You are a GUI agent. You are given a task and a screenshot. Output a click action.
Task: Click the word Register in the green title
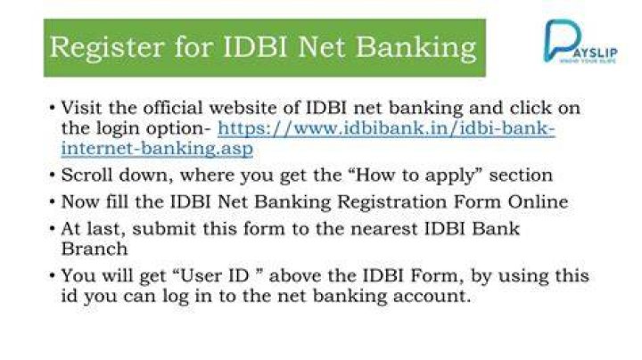click(107, 48)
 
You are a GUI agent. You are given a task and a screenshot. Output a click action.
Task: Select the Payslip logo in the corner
click(580, 41)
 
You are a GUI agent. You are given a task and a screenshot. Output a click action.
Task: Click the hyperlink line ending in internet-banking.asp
click(157, 149)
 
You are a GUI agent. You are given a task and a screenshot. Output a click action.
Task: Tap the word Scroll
click(86, 175)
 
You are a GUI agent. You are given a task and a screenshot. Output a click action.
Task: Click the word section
click(521, 176)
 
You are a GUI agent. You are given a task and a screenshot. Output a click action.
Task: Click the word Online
click(538, 201)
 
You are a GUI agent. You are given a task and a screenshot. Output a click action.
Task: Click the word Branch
click(95, 249)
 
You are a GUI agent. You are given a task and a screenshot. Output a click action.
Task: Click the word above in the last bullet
click(295, 275)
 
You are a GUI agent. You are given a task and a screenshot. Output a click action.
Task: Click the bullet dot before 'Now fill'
click(52, 202)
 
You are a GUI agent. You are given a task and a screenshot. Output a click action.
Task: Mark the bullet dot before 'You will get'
click(52, 275)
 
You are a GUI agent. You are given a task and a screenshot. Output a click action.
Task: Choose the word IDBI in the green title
click(256, 47)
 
